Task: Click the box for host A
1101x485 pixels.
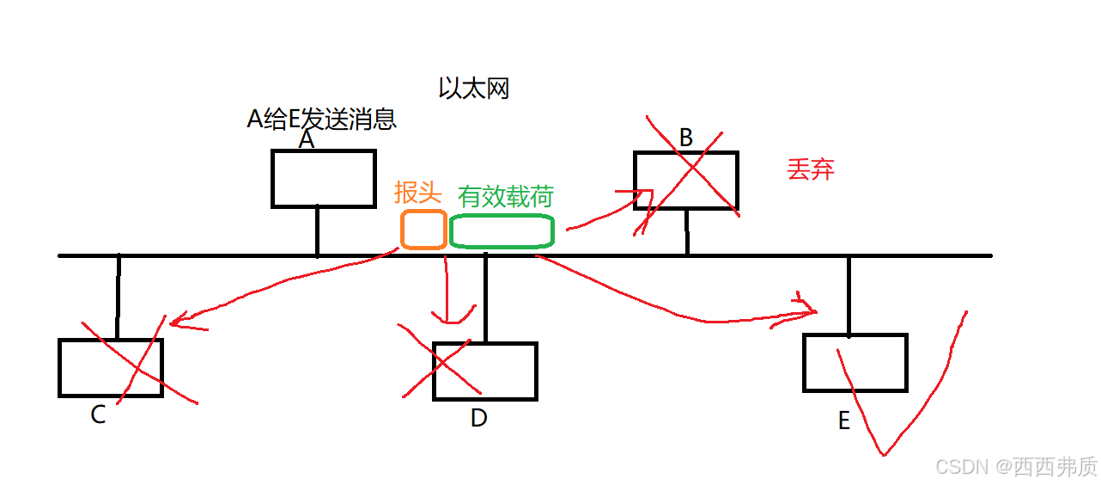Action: coord(323,179)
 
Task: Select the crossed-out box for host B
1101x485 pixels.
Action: coord(685,180)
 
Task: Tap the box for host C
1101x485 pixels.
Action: coord(110,367)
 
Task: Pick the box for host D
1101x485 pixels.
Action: coord(484,371)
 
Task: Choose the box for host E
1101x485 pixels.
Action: coord(855,362)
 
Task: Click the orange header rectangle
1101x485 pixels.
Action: coord(423,230)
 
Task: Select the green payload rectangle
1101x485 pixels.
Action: coord(502,231)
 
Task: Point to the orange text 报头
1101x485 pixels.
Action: coord(417,192)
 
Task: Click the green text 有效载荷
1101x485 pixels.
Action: coord(505,197)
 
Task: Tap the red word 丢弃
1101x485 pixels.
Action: coord(810,169)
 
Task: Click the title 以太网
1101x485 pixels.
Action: coord(474,89)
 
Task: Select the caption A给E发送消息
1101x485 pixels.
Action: coord(321,119)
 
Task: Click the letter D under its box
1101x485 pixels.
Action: coord(478,418)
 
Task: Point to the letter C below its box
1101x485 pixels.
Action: coord(98,414)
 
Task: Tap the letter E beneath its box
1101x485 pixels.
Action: coord(843,421)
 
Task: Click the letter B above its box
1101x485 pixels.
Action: coord(685,138)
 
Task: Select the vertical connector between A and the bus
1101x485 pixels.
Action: coord(317,230)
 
